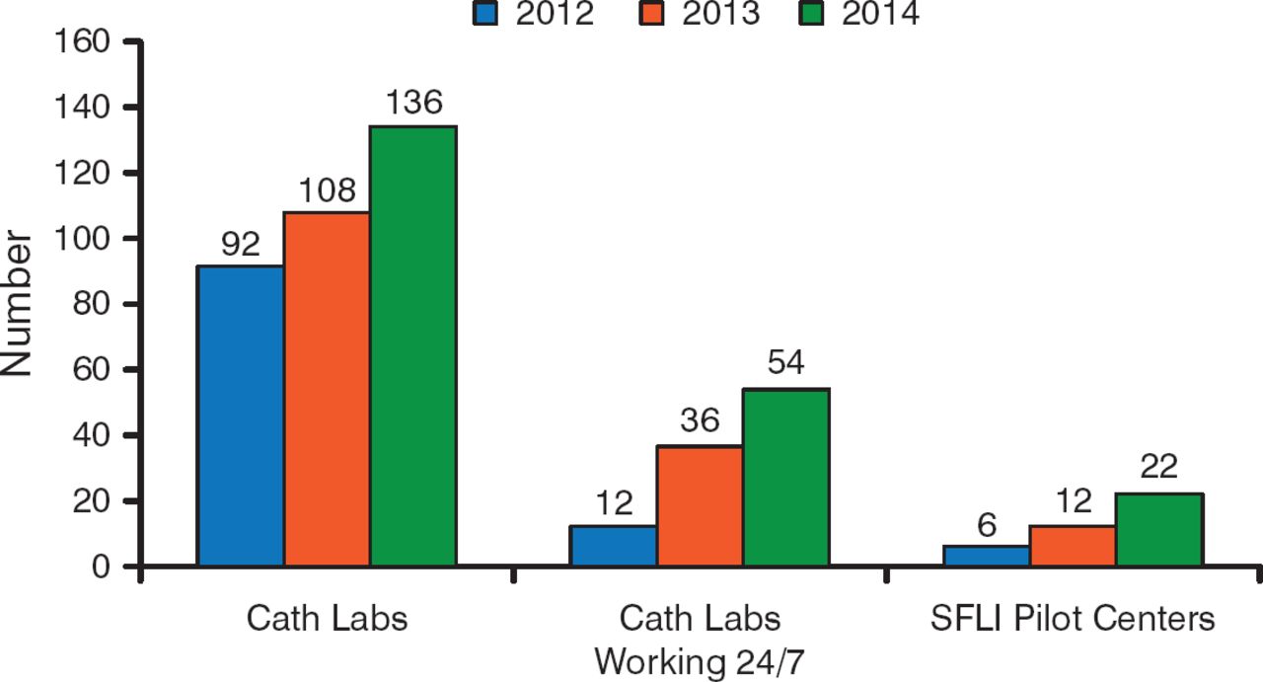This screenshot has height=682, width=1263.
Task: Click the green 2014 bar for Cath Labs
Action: (x=412, y=346)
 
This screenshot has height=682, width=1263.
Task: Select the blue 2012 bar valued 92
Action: (x=241, y=416)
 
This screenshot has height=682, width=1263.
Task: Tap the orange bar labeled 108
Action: (x=327, y=389)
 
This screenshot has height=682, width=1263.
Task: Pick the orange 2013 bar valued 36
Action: (x=700, y=505)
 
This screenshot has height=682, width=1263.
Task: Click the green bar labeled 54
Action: (x=785, y=478)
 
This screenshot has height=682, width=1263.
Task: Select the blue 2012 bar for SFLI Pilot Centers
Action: (x=987, y=556)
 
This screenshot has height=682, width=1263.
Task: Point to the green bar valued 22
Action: (x=1158, y=530)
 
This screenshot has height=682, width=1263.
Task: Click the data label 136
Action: (x=412, y=103)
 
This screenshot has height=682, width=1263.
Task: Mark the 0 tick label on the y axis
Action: (x=100, y=568)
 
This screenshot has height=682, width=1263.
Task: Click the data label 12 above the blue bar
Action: (x=614, y=503)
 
